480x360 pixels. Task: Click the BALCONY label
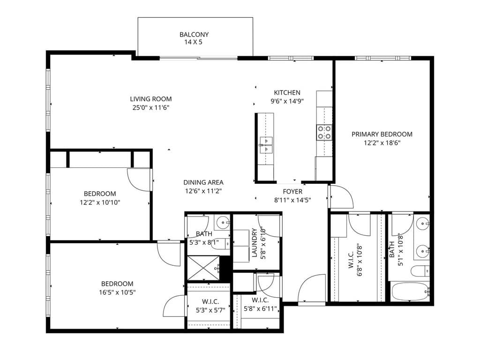click(x=194, y=35)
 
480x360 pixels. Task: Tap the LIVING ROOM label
click(x=151, y=99)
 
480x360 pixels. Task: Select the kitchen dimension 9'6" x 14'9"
click(x=287, y=101)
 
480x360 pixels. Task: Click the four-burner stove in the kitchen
click(x=324, y=132)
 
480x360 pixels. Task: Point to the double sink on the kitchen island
click(x=266, y=145)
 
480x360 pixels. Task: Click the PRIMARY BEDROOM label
click(x=382, y=134)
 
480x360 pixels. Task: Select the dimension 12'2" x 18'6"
click(x=382, y=142)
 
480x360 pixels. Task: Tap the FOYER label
click(x=292, y=192)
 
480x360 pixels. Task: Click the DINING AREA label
click(x=203, y=182)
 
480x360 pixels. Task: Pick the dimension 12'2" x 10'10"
click(x=100, y=202)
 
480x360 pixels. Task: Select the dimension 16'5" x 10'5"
click(x=117, y=292)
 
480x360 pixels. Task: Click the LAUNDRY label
click(x=255, y=243)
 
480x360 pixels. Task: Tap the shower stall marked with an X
click(x=203, y=268)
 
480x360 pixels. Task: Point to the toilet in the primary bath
click(x=420, y=271)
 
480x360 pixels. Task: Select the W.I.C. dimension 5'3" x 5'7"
click(x=210, y=310)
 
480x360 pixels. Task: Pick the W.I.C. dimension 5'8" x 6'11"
click(x=260, y=308)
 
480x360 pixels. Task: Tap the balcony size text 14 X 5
click(x=193, y=42)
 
